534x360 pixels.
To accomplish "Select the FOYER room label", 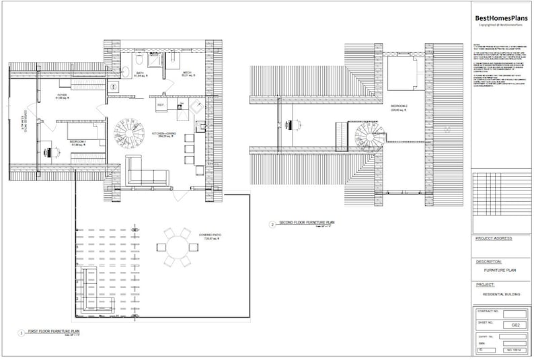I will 61,97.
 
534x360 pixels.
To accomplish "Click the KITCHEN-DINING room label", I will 165,135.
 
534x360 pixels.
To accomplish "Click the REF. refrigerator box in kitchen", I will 161,106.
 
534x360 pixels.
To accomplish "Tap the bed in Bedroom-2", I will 404,71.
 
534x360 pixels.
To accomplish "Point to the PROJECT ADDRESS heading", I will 494,238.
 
